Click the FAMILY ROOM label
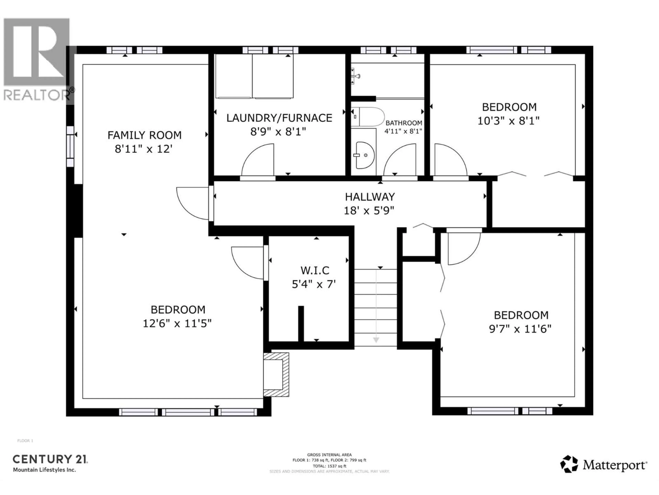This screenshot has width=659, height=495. pos(144,135)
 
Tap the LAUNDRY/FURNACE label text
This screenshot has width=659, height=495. pos(279,118)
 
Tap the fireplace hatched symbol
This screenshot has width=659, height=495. pos(276,375)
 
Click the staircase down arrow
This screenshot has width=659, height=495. pos(376,340)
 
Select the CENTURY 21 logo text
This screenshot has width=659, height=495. pos(50,459)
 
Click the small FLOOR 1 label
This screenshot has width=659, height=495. pos(25,441)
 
